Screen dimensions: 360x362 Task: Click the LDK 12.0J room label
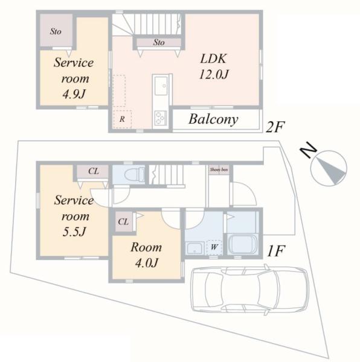214,66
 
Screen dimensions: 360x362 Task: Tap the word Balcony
213,119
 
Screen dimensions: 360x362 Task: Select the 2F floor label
274,127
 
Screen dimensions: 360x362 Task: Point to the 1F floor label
276,251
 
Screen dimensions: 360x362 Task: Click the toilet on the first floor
135,174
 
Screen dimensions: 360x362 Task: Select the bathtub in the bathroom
242,244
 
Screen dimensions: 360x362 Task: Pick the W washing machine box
214,247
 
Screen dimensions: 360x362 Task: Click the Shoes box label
219,170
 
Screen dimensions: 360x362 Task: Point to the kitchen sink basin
161,86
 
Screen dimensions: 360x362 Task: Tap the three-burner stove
160,118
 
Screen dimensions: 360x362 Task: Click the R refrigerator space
122,119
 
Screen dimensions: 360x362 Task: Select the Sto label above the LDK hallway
159,42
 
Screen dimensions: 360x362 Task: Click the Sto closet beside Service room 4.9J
56,31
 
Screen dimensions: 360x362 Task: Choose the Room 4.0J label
146,255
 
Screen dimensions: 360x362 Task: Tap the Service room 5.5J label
74,216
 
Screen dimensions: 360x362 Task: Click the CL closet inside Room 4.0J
124,222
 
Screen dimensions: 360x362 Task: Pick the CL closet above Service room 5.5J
93,171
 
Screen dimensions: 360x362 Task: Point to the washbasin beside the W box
194,248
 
